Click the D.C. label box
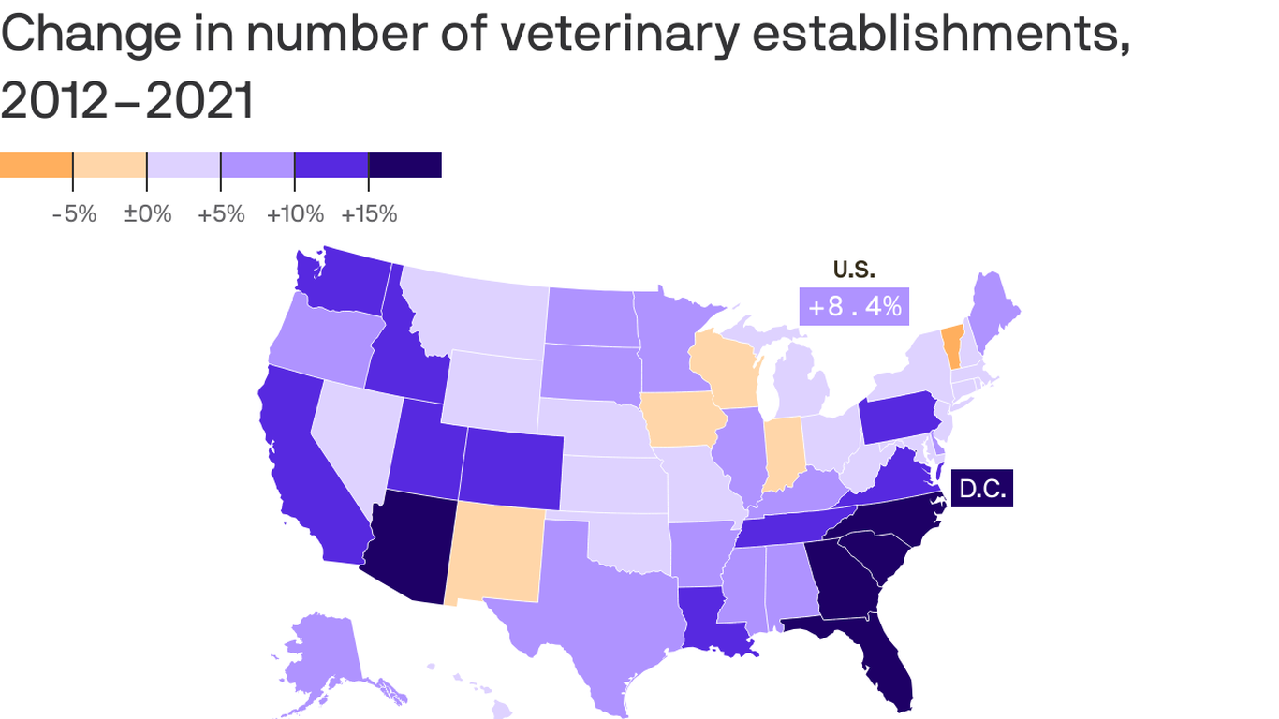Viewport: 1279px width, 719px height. (x=981, y=489)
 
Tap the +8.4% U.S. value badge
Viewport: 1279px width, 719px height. (x=854, y=306)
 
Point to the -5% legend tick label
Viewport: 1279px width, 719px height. (x=74, y=214)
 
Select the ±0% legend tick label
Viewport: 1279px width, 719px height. (x=148, y=214)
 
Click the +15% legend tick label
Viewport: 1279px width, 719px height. (x=369, y=214)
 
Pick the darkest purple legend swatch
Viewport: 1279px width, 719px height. (x=404, y=165)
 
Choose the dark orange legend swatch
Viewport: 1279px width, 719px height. (x=37, y=165)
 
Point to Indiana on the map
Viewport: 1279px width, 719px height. (x=785, y=453)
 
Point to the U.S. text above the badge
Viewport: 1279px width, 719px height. (x=854, y=270)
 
